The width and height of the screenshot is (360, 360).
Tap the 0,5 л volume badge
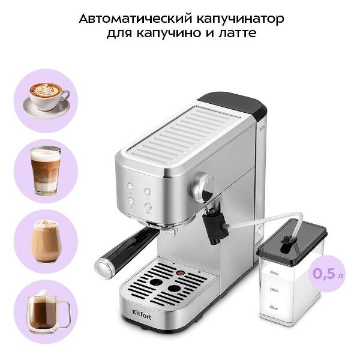[x=326, y=274]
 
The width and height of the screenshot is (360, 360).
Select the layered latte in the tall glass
[x=46, y=170]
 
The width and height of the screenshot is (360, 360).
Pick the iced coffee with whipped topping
[x=46, y=240]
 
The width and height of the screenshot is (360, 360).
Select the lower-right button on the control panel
[x=148, y=206]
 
